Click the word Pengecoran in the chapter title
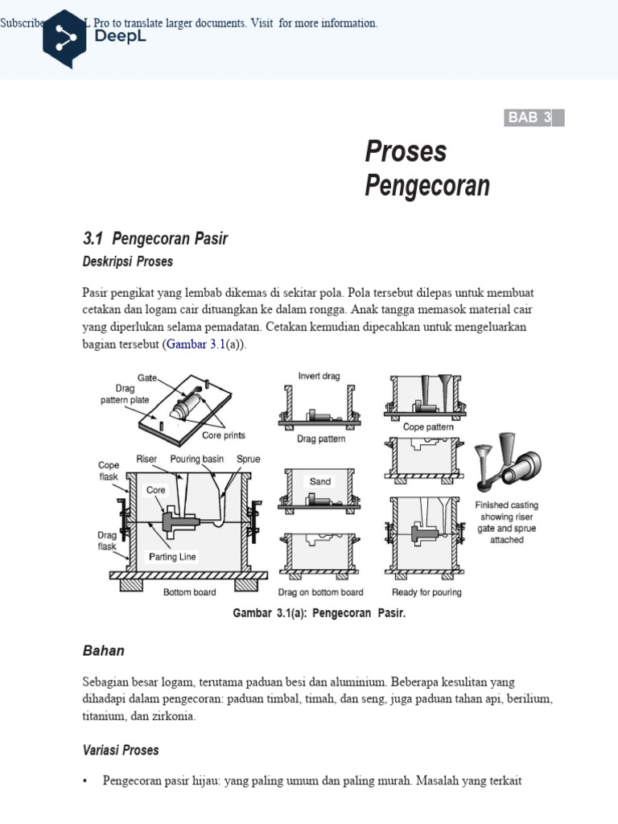pos(426,186)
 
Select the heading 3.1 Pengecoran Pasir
pos(155,238)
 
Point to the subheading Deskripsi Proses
pos(127,262)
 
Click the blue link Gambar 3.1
pos(196,344)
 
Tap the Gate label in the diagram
pos(147,377)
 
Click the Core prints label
pos(223,435)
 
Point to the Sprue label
pos(248,459)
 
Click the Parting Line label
pos(172,557)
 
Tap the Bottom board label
pos(189,593)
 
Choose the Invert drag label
pos(319,376)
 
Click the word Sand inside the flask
pos(320,481)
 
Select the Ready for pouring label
pos(426,593)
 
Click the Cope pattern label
pos(428,426)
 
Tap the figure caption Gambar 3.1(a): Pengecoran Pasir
pos(319,613)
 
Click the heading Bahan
pos(103,650)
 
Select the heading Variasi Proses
pos(121,750)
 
